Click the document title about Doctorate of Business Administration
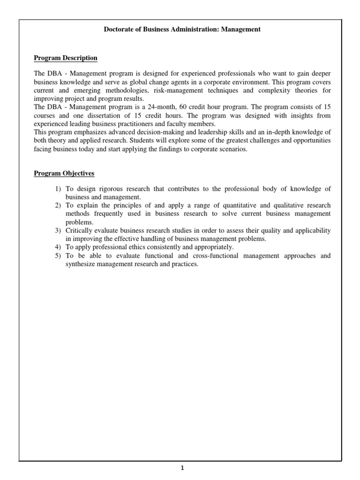pos(182,30)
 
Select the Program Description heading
pos(66,58)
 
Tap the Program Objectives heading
pos(64,173)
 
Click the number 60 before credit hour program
pos(184,107)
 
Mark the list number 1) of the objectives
pos(53,189)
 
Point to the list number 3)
pos(53,231)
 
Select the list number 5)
pos(53,256)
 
